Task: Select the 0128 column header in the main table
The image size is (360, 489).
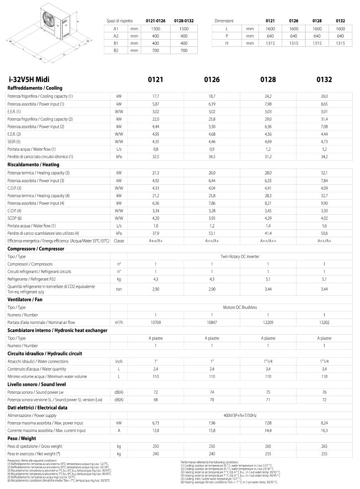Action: coord(268,79)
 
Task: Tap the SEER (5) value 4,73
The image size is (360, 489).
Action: coord(324,141)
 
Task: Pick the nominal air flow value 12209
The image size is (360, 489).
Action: coord(268,323)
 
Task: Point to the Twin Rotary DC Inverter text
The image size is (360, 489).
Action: coord(240,256)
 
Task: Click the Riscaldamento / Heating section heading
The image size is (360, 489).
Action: coord(33,165)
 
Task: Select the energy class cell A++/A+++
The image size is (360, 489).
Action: coord(268,241)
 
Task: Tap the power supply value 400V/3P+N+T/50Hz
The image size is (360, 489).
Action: coord(240,415)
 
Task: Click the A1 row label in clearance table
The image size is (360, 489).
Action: coord(116,29)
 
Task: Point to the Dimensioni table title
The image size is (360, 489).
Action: coord(224,20)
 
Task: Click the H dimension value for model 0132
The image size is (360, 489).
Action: coord(340,43)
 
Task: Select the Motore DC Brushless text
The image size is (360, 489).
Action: coord(240,307)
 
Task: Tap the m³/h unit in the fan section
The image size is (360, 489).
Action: coord(119,323)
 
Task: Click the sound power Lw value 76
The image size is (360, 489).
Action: coord(324,392)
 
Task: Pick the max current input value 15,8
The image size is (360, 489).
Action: coord(212,430)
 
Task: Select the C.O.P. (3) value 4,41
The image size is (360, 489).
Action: coord(268,188)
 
